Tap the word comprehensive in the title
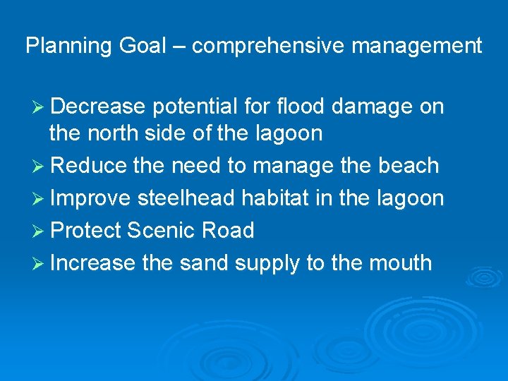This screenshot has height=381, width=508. tap(269, 47)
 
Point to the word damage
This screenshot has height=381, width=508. tap(374, 108)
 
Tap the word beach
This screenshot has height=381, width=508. tap(409, 166)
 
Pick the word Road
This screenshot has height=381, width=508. tap(227, 231)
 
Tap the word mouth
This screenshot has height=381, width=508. tap(401, 263)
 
